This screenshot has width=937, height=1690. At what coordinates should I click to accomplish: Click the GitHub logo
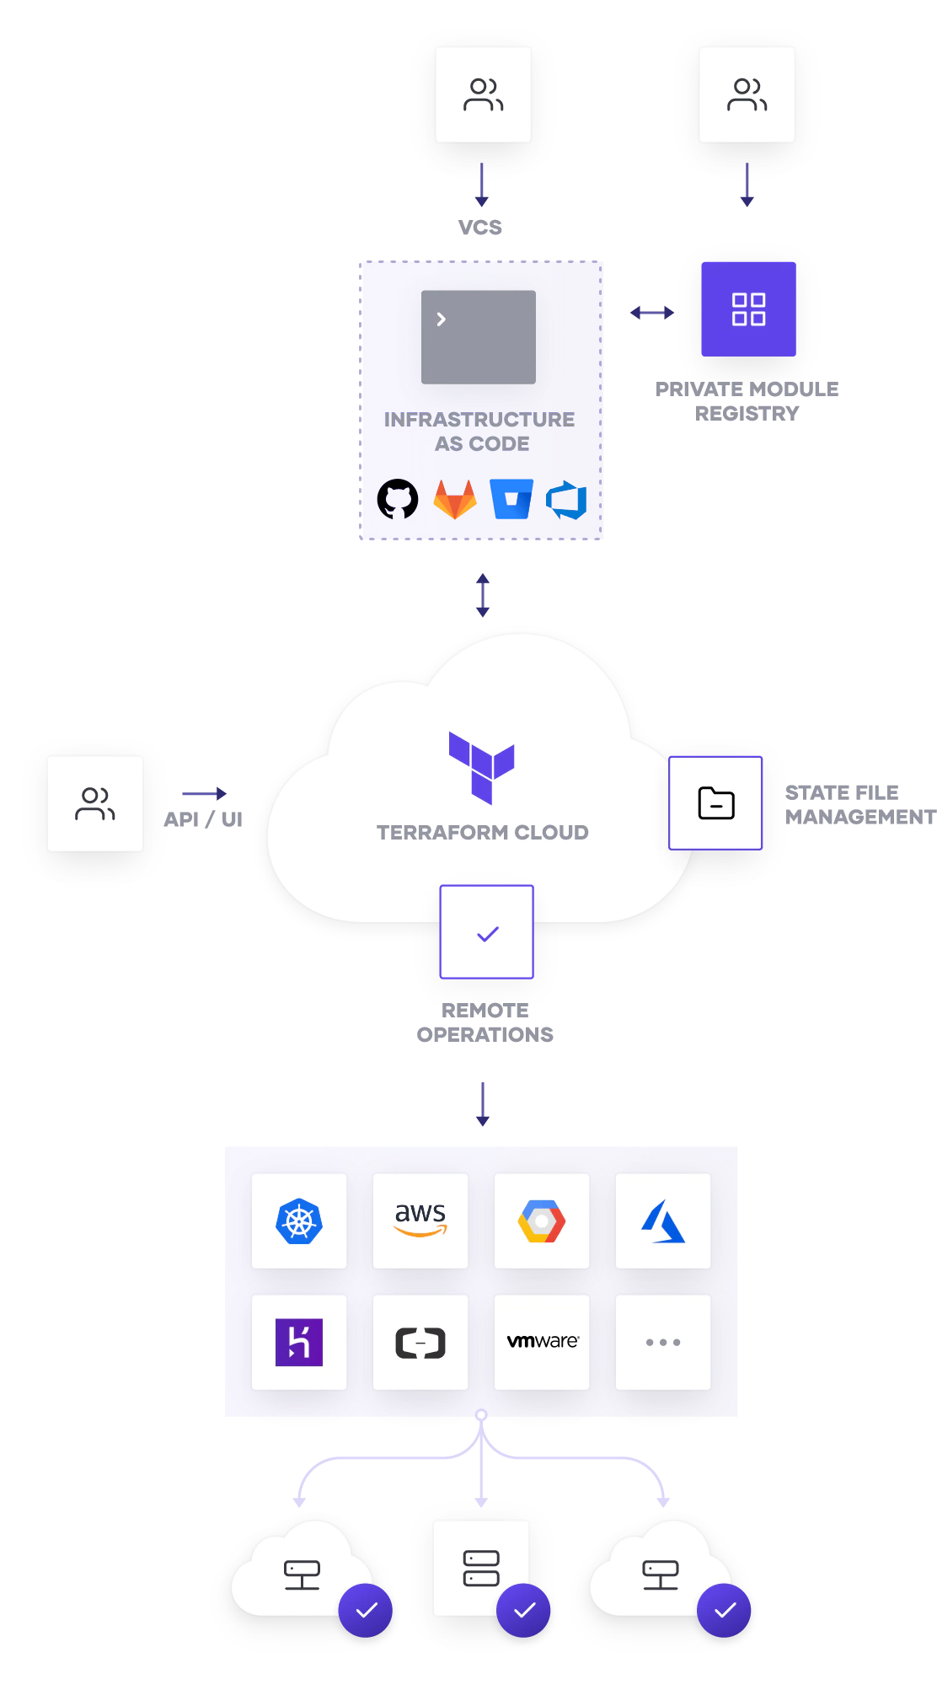398,499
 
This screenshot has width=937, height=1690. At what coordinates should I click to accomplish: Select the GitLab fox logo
455,499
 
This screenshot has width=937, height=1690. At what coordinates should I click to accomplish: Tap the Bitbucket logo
511,499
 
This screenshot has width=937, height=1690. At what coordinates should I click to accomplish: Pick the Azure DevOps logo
566,499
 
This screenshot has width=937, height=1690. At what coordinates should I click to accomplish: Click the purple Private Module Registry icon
748,309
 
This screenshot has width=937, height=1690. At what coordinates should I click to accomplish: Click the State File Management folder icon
715,803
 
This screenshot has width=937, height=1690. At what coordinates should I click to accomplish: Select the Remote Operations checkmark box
487,931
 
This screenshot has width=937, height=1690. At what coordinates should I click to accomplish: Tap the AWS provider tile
420,1221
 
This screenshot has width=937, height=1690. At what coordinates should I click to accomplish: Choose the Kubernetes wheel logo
299,1221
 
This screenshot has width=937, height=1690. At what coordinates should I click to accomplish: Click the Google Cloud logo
542,1221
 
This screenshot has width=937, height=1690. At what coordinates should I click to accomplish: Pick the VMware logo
543,1341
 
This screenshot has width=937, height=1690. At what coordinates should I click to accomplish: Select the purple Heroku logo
299,1342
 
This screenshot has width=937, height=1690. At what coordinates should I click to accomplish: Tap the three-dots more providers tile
663,1342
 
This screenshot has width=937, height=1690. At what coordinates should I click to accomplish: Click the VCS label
480,228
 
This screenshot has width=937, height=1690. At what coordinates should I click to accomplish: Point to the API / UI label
203,819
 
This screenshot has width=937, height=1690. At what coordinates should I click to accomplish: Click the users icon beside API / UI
95,803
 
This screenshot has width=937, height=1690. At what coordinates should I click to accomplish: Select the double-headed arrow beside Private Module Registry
652,313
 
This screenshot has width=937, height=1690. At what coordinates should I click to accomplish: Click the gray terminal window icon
479,337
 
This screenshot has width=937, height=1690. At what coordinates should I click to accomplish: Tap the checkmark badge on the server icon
523,1610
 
